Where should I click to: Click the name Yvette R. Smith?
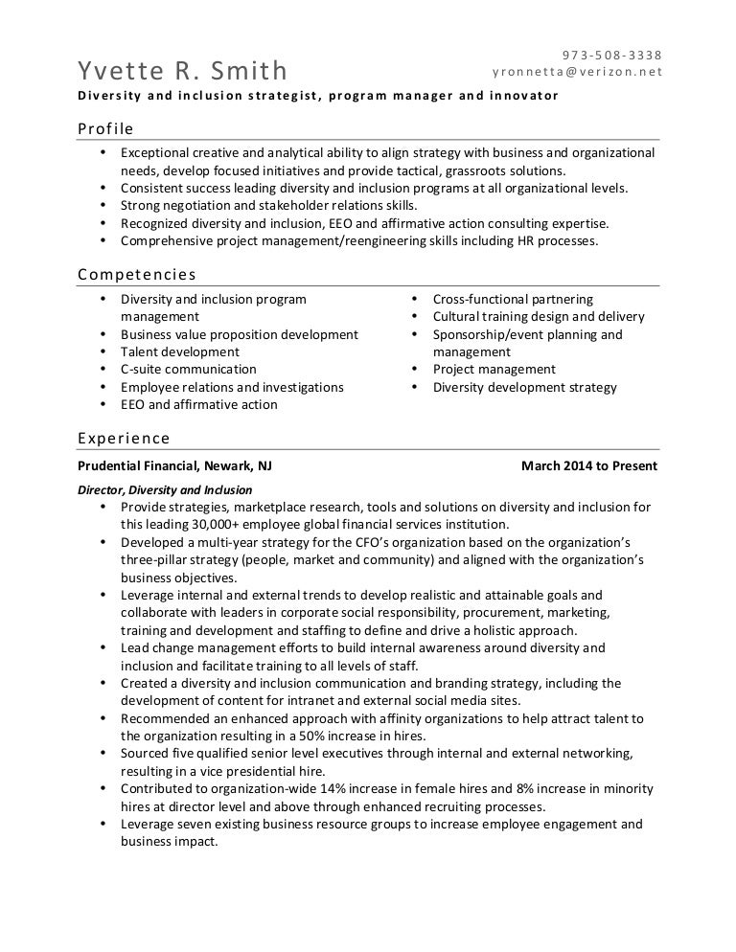(182, 70)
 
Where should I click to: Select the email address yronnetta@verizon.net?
(577, 72)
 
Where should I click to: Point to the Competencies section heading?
(136, 275)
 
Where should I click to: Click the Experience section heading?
(124, 439)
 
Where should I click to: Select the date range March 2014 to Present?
(589, 466)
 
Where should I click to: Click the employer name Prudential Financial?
(139, 466)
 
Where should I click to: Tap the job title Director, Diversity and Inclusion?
(165, 490)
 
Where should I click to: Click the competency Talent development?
(180, 351)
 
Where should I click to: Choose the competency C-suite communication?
(188, 369)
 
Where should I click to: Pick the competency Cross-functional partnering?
(513, 299)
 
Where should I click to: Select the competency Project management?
(494, 369)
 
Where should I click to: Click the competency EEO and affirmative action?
(198, 404)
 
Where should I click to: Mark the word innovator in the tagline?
(523, 97)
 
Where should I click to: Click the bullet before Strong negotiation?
(103, 206)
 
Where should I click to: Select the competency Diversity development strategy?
(524, 387)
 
